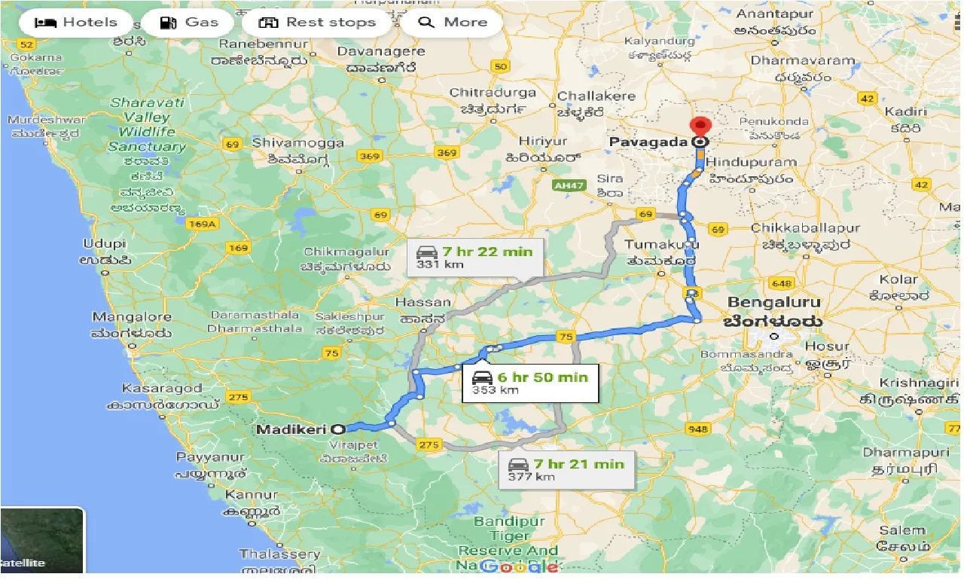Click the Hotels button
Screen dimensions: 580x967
pyautogui.click(x=76, y=23)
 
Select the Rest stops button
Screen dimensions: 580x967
pyautogui.click(x=317, y=23)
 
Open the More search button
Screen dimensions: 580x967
pyautogui.click(x=453, y=23)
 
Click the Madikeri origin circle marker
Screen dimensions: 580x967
pyautogui.click(x=338, y=429)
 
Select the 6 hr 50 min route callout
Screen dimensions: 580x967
pyautogui.click(x=529, y=383)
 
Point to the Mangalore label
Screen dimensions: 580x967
pyautogui.click(x=132, y=317)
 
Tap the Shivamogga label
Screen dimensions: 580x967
pyautogui.click(x=298, y=142)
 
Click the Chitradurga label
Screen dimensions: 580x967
pyautogui.click(x=493, y=93)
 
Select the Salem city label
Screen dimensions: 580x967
pyautogui.click(x=902, y=530)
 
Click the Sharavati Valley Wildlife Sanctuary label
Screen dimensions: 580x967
pyautogui.click(x=147, y=124)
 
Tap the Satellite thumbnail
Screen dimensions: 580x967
pyautogui.click(x=41, y=540)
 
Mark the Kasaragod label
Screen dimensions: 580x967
pyautogui.click(x=162, y=389)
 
